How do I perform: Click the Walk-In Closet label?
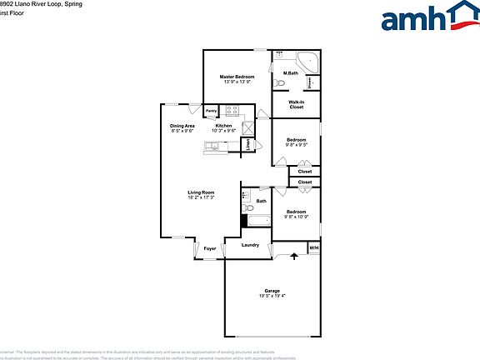[297, 105]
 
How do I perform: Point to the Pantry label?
[212, 111]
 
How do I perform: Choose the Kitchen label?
[223, 126]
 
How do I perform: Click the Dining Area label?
[182, 126]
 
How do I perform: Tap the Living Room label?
[201, 192]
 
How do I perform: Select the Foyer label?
[210, 248]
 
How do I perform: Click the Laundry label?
[250, 245]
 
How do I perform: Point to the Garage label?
[272, 290]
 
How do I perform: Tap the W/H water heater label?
[314, 248]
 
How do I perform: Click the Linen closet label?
[247, 144]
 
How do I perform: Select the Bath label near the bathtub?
[262, 201]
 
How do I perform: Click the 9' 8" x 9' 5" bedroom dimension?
[297, 144]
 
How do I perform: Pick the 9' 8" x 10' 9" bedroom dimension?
[297, 217]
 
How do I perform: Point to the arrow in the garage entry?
[293, 256]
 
